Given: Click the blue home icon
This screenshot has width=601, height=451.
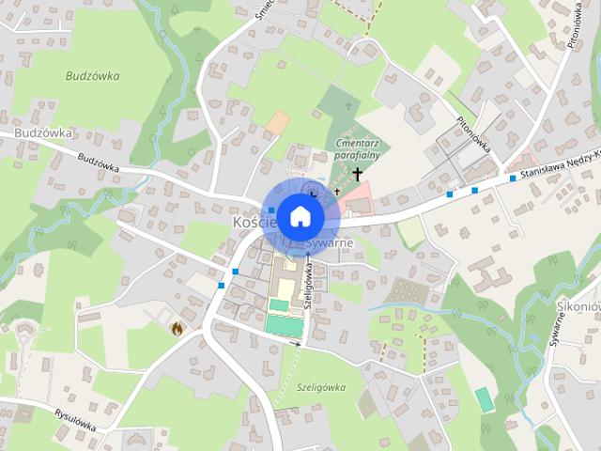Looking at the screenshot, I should [x=300, y=216].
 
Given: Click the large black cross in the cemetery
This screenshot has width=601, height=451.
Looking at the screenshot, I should [x=357, y=174].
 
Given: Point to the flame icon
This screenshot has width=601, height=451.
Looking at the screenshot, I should [x=177, y=328].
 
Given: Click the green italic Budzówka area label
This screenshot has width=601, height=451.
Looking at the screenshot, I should [x=94, y=75].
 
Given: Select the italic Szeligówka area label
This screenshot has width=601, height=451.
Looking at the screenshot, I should [x=320, y=386].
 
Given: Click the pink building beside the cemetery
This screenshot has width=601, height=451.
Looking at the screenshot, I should [x=358, y=199].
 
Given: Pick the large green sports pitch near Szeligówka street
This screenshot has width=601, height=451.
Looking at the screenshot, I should [x=285, y=324].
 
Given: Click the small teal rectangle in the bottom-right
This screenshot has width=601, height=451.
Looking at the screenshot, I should [x=485, y=398].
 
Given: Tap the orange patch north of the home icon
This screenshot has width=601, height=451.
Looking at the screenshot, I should [x=277, y=122].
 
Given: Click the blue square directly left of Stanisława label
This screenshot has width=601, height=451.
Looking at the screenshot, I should [x=513, y=178].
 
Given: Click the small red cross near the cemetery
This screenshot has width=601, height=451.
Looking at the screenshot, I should [x=337, y=191].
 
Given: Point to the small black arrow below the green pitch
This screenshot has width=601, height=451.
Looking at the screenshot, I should [x=299, y=345].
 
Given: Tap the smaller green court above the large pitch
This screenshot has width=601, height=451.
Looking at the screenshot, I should [x=280, y=304].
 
